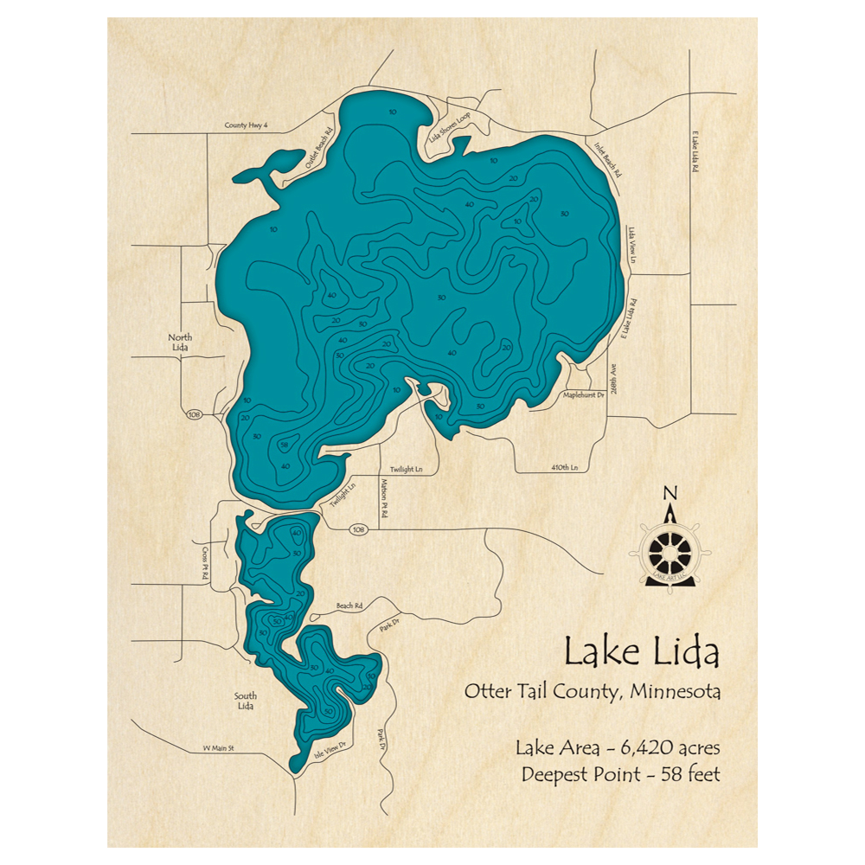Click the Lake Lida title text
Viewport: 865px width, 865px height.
641,652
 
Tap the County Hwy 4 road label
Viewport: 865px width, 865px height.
247,125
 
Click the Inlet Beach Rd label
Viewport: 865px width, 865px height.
607,159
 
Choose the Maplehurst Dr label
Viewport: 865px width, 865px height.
584,394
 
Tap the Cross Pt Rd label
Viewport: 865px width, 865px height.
206,563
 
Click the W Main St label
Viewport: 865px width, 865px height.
219,747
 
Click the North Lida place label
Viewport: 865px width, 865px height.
181,342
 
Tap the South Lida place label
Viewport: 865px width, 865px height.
245,701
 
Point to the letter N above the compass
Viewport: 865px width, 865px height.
670,494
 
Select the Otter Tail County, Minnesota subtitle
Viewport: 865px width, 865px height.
593,692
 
